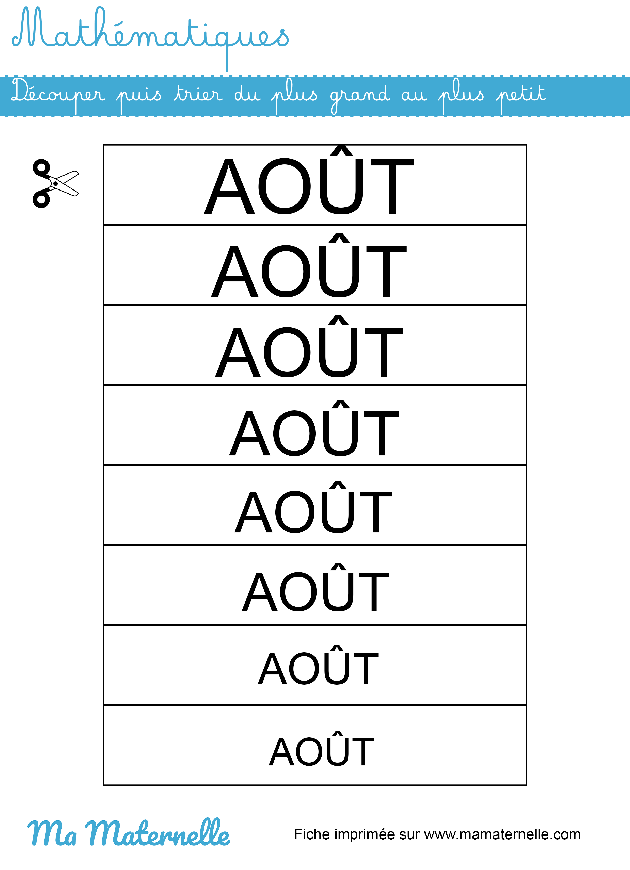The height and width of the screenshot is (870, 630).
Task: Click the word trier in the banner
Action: tap(198, 93)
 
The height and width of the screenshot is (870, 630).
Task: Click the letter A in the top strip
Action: tap(229, 186)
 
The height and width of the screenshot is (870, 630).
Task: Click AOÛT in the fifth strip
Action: tap(313, 507)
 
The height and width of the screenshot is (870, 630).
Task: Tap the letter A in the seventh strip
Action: tap(272, 668)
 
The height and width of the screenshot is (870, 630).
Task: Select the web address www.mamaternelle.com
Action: tap(502, 835)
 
